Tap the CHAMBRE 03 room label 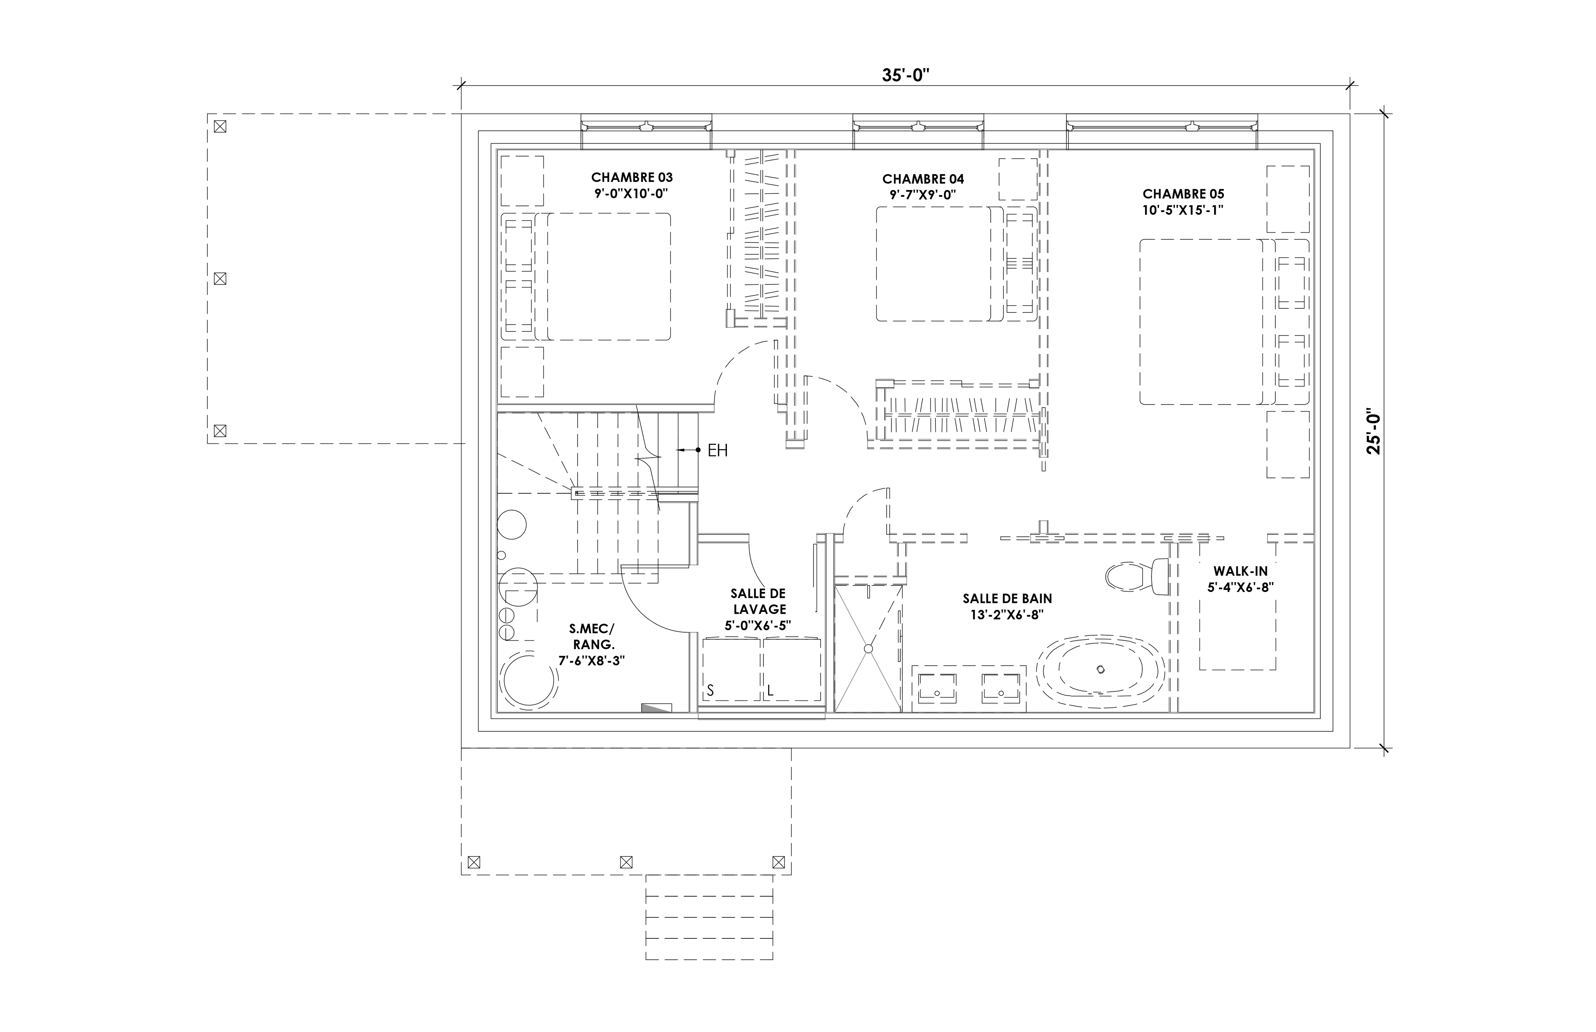(632, 178)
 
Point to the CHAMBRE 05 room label (1184, 194)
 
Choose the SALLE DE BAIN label (1007, 599)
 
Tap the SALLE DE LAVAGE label (759, 601)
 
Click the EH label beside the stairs (718, 450)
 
